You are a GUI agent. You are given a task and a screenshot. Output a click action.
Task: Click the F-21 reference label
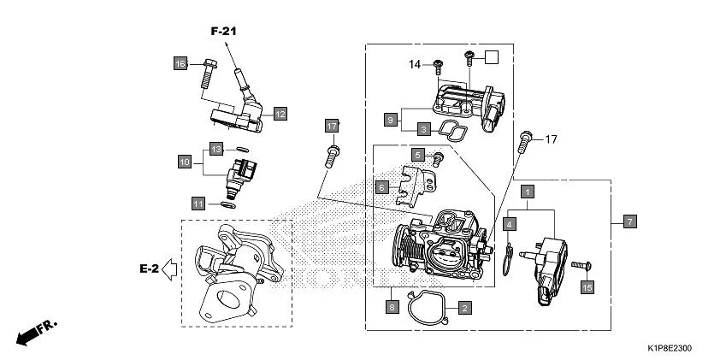tap(223, 31)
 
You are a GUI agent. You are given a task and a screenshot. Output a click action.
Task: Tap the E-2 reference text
tap(149, 269)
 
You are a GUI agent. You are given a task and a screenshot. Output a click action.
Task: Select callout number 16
tap(180, 64)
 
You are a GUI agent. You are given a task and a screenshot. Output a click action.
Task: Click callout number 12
tap(280, 113)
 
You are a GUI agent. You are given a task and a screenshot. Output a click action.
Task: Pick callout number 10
tap(184, 160)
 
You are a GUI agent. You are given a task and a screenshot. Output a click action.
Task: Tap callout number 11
tap(198, 204)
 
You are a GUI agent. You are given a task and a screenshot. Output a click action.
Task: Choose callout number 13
tap(217, 150)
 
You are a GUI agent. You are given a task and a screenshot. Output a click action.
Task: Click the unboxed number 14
tap(415, 63)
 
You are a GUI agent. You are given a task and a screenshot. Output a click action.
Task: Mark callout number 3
tap(422, 130)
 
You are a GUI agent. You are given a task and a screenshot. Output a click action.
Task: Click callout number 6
tap(382, 186)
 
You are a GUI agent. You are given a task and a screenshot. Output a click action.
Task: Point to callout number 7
tap(629, 222)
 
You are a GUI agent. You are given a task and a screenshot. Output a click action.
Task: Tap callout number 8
tap(391, 306)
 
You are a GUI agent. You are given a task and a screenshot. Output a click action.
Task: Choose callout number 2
tap(463, 306)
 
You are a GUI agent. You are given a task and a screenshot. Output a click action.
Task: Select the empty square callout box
tap(492, 57)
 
